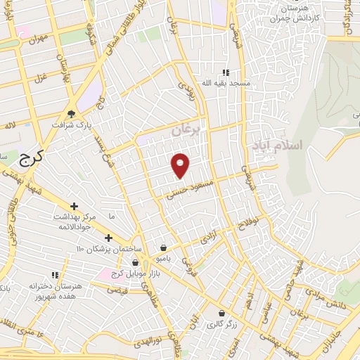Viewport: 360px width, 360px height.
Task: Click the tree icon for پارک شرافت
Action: pos(71,113)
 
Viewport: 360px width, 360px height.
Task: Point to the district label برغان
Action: pos(186,129)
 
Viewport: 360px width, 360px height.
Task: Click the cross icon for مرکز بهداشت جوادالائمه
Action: pos(74,207)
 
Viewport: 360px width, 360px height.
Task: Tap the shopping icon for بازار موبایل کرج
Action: pos(135,262)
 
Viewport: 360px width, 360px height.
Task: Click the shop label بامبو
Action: pos(164,258)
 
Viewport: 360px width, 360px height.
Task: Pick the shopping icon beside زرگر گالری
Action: pos(221,314)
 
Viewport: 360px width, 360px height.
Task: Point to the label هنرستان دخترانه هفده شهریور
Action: pos(56,291)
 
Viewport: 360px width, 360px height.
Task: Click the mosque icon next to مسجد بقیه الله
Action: pos(226,72)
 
